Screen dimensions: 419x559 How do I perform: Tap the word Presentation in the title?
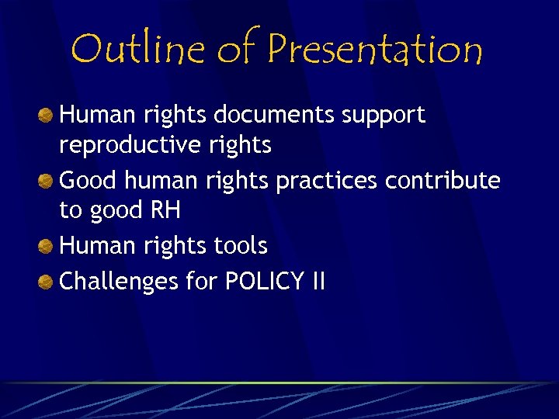click(375, 49)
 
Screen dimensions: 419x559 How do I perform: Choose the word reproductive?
click(127, 145)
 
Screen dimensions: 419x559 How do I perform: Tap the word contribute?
click(443, 180)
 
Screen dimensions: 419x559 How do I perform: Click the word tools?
click(241, 246)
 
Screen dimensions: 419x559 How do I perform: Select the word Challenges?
click(118, 281)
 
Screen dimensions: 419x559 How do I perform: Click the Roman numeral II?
click(317, 280)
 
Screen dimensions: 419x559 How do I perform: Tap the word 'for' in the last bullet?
click(201, 280)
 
